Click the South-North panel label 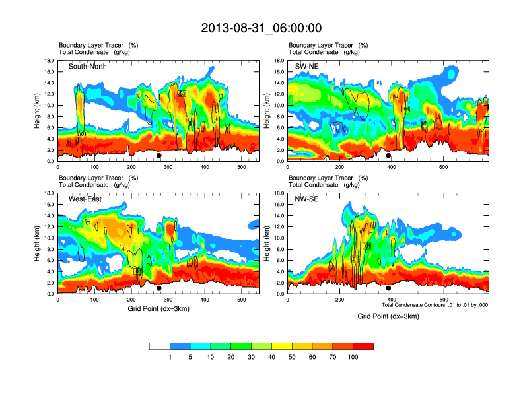[x=88, y=66]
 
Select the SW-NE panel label [x=307, y=66]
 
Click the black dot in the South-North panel [x=158, y=156]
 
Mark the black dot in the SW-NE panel [x=388, y=156]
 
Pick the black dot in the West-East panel [x=158, y=288]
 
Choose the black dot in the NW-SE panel [x=388, y=288]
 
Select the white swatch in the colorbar [x=160, y=346]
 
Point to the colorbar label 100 [x=353, y=357]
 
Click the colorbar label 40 [x=271, y=357]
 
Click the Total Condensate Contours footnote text [x=435, y=305]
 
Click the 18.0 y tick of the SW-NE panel [x=279, y=60]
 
